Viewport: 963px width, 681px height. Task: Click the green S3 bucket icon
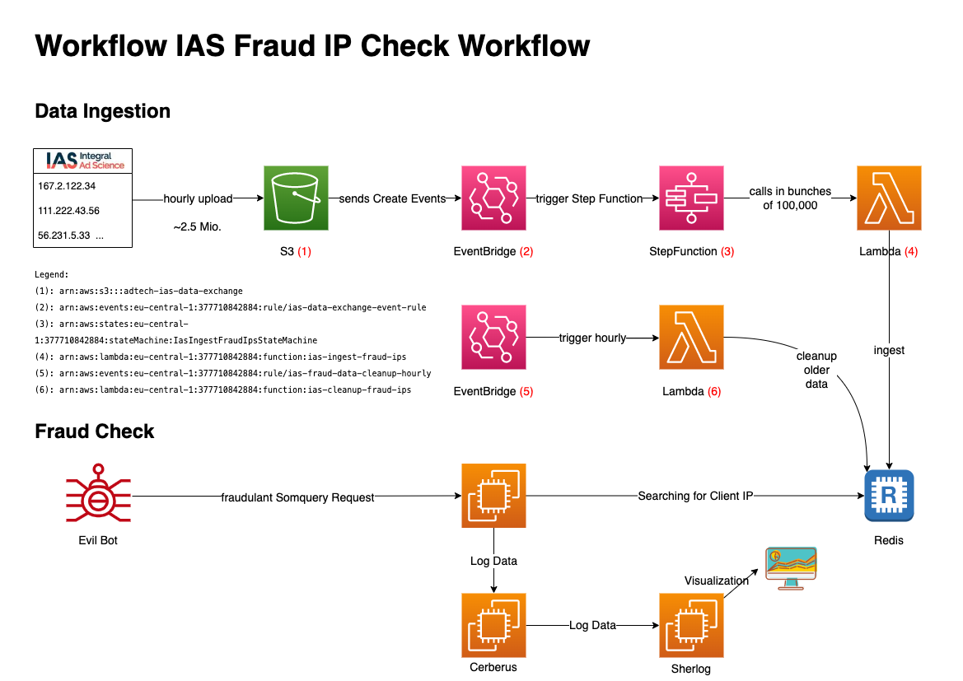(296, 198)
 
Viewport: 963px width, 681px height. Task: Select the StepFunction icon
(692, 198)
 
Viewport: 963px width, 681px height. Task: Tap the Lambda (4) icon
(889, 198)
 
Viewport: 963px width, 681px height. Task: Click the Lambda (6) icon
(691, 338)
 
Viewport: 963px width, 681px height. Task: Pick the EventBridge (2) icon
(493, 198)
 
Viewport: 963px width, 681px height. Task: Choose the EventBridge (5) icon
(493, 338)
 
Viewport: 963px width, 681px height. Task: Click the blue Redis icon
(889, 496)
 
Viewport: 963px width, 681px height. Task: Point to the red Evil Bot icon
(98, 496)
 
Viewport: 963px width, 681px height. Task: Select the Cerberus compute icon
(493, 625)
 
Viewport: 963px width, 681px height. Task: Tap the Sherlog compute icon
(691, 625)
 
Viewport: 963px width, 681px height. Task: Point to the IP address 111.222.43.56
(69, 211)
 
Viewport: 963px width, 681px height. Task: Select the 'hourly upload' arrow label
(198, 198)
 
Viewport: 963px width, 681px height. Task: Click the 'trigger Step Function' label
(589, 198)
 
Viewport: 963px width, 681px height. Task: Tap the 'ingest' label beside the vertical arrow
(889, 350)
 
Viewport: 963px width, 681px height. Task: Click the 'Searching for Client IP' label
(694, 496)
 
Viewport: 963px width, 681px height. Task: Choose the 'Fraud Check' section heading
(95, 431)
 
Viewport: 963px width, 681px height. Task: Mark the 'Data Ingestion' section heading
(102, 111)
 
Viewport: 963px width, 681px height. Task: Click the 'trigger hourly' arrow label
(592, 338)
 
